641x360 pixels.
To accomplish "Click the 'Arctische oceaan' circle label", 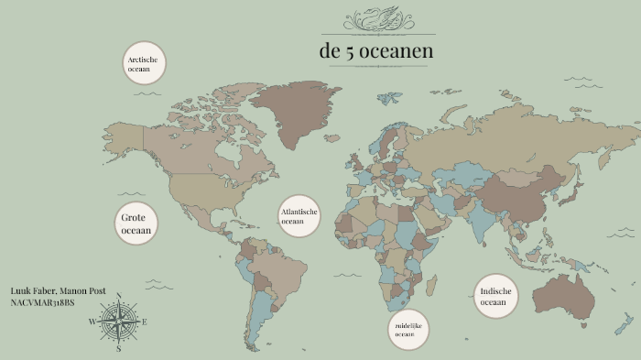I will point(144,63).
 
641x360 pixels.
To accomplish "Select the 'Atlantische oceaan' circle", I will point(299,216).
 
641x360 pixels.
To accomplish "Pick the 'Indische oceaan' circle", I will point(495,296).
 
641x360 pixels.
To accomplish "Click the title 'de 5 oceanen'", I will point(376,51).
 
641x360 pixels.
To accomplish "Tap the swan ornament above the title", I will point(377,20).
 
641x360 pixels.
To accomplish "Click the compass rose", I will point(118,322).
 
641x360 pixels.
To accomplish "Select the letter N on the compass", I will point(118,295).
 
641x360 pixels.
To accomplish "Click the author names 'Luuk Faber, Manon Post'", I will point(58,291).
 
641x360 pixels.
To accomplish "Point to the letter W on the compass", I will point(92,322).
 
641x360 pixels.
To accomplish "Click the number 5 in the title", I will point(350,52).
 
